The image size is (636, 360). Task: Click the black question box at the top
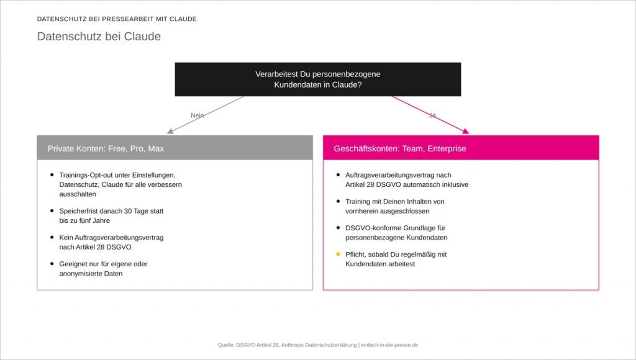[317, 79]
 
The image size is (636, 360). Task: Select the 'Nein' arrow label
[197, 115]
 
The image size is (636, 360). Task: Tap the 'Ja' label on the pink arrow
[432, 115]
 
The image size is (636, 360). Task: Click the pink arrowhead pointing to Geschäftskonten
[466, 131]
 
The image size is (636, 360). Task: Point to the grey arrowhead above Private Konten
[170, 131]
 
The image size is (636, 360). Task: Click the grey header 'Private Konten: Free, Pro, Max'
[175, 148]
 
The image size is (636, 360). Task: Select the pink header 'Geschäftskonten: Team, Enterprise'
[461, 148]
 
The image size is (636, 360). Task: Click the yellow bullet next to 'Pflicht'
[338, 254]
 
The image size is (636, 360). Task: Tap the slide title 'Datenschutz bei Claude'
[99, 37]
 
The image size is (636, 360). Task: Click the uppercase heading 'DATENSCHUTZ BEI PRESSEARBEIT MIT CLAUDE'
[117, 19]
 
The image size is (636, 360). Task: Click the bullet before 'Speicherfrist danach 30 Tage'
[52, 211]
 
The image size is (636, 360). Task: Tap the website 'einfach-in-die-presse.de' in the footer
[389, 345]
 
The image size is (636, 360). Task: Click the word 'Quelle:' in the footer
[226, 345]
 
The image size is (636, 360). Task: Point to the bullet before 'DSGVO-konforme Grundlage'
[338, 228]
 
